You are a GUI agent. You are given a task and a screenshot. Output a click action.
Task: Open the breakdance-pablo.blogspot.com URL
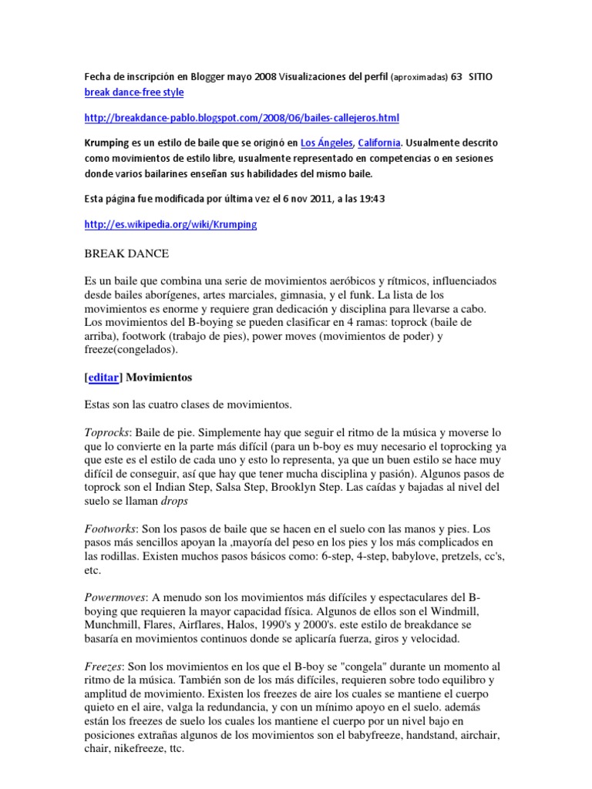coord(242,118)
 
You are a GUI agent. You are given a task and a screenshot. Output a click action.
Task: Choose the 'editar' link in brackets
coord(104,378)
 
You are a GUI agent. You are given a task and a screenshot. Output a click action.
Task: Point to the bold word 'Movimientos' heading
coord(159,378)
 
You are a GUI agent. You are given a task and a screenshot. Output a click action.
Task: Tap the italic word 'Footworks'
coord(109,530)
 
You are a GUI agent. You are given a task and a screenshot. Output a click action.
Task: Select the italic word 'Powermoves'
coord(114,598)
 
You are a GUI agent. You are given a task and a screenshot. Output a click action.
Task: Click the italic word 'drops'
coord(173,501)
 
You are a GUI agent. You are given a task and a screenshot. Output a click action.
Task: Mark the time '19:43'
coord(370,199)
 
